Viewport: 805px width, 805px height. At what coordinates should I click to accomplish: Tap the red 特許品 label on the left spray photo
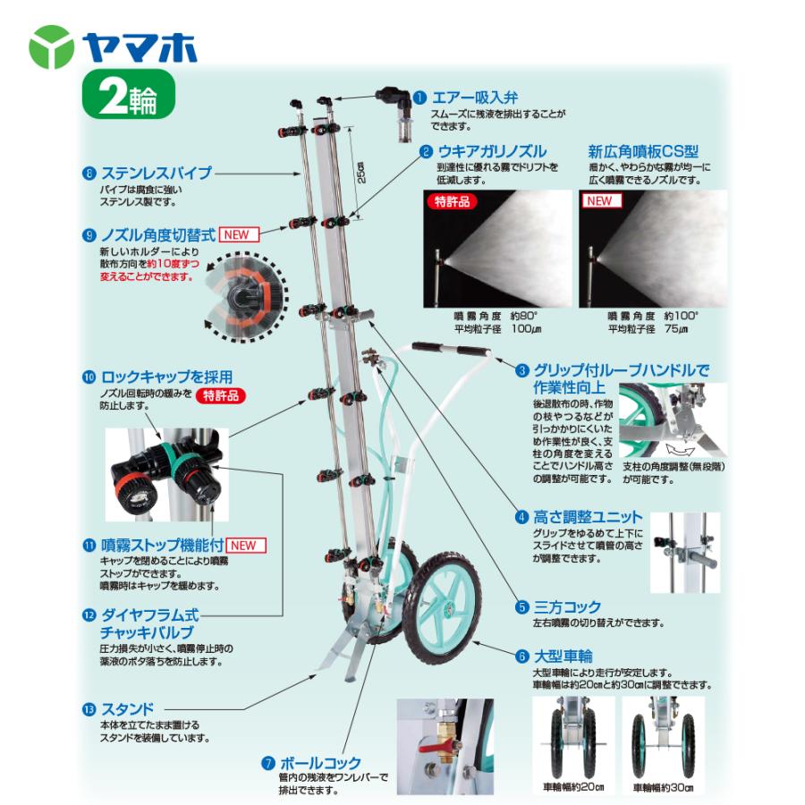[x=452, y=202]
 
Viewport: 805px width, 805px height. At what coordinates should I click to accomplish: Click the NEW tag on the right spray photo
[x=599, y=202]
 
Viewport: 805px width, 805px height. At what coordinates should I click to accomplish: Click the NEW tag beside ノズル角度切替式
[x=239, y=235]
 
